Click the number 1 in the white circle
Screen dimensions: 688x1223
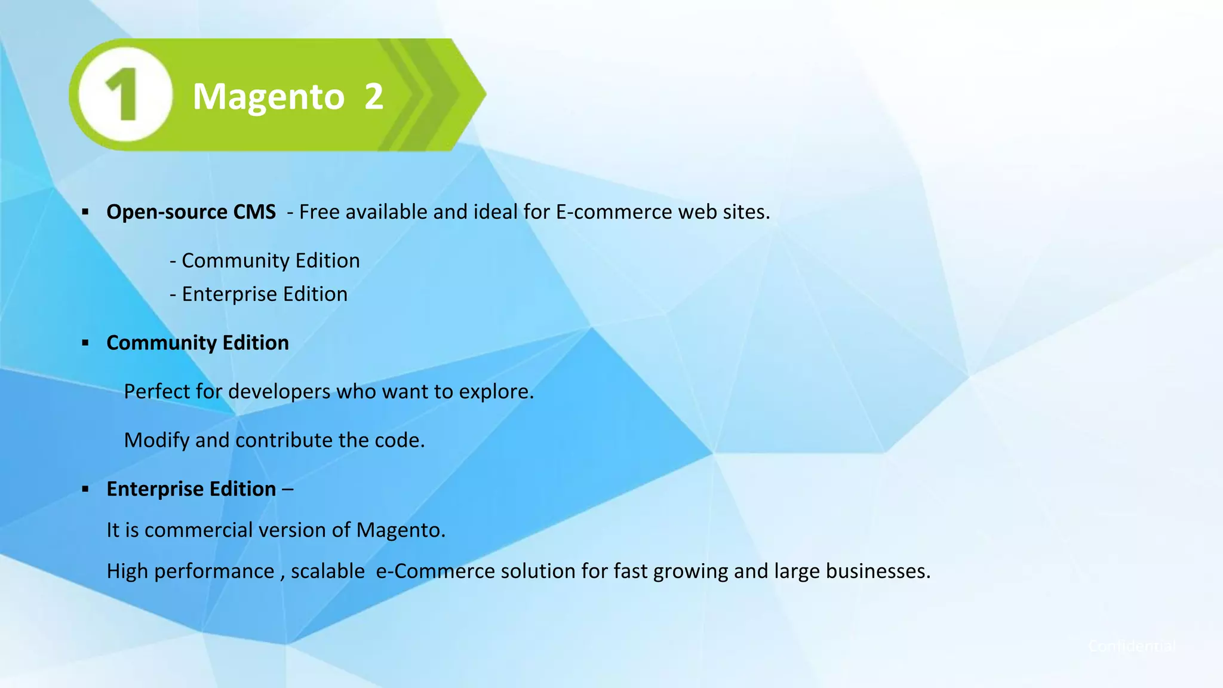click(x=123, y=94)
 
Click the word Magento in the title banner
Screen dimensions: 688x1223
click(x=269, y=97)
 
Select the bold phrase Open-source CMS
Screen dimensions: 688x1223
click(x=191, y=212)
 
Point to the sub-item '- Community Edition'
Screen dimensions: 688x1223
click(x=265, y=260)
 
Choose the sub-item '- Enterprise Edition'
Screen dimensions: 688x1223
click(x=259, y=294)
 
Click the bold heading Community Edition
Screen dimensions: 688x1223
click(x=198, y=343)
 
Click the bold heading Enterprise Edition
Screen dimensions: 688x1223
click(x=191, y=489)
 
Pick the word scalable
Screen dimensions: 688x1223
click(x=328, y=571)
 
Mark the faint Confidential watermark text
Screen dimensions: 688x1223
click(x=1132, y=646)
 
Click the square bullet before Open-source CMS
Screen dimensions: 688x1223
click(x=85, y=212)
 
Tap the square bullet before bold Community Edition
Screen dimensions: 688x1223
click(x=85, y=343)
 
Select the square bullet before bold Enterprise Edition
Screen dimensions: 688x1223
click(x=85, y=489)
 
